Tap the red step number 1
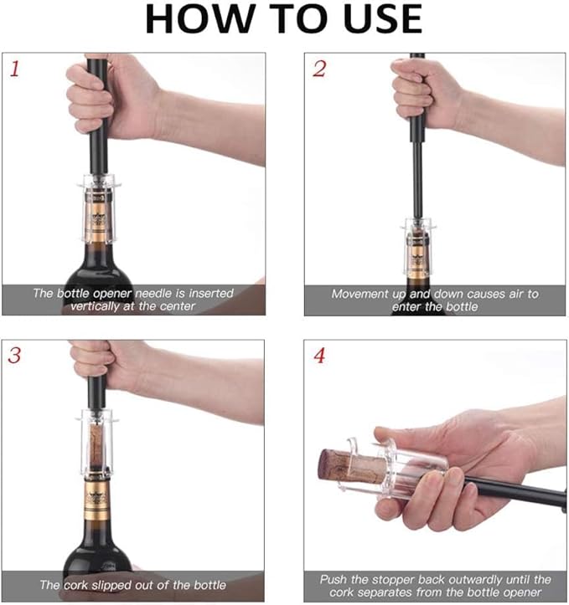point(15,69)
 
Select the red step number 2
point(319,69)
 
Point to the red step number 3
point(15,355)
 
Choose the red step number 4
point(319,356)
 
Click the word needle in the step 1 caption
point(153,294)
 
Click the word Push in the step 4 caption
point(334,580)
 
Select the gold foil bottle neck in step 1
point(97,220)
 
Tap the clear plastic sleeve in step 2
point(417,248)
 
